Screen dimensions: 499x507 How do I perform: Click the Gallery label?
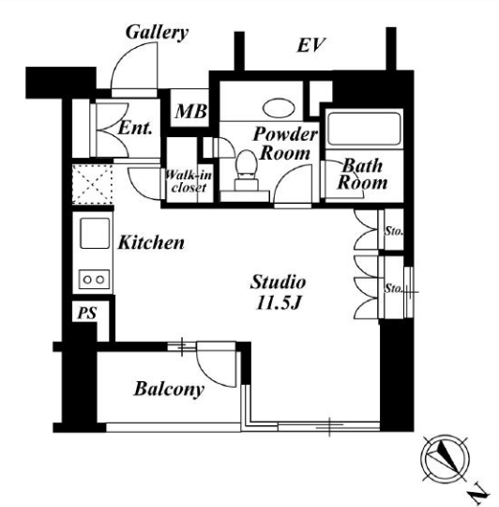(x=157, y=33)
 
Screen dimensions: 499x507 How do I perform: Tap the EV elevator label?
(x=310, y=45)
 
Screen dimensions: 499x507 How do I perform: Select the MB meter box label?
(x=191, y=112)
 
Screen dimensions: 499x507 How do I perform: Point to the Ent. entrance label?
(x=135, y=128)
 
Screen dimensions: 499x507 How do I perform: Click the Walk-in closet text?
(x=189, y=181)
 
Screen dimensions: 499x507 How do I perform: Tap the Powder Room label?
(x=285, y=144)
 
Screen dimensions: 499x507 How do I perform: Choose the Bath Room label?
(x=362, y=174)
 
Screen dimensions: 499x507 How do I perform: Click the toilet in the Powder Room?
(x=246, y=170)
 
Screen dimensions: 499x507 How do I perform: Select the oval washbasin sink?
(x=279, y=108)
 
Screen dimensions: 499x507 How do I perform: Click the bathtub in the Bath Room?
(x=364, y=129)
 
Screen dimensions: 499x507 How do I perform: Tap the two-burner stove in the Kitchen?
(x=94, y=279)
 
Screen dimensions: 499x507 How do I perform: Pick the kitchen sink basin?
(x=95, y=233)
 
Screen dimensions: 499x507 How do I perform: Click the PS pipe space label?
(x=87, y=313)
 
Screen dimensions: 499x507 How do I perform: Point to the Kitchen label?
(x=151, y=242)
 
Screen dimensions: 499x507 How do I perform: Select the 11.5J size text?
(x=279, y=303)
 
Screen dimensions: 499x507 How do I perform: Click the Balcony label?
(x=169, y=389)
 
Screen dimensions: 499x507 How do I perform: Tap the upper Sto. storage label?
(x=393, y=231)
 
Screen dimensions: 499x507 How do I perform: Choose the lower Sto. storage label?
(x=393, y=288)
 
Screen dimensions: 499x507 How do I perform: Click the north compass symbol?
(x=445, y=459)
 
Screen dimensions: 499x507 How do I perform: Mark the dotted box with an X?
(x=93, y=184)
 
